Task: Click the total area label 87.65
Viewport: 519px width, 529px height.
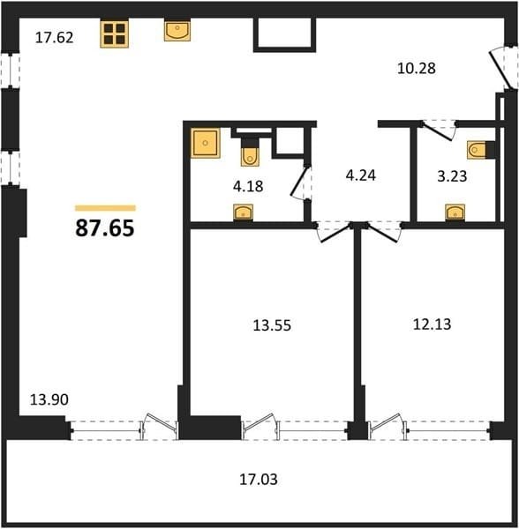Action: (105, 228)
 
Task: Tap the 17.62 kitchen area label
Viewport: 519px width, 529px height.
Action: (54, 37)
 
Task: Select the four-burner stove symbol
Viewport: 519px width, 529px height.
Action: (115, 34)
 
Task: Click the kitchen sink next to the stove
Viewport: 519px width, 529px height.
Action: (177, 31)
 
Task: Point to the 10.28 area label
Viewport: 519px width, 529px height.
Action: (417, 69)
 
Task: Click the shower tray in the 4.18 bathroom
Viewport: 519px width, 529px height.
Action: (206, 143)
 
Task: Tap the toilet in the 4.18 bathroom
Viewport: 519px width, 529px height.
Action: (250, 153)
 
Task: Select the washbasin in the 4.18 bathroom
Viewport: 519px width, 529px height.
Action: (243, 212)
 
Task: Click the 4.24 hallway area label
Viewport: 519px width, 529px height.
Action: (361, 175)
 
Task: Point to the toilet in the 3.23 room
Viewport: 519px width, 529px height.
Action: (481, 150)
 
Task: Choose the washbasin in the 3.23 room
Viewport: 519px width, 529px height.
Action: (455, 212)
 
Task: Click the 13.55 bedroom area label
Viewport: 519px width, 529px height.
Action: (272, 325)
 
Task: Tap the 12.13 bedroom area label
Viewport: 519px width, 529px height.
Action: (432, 324)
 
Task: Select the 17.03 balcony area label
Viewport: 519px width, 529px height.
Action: (259, 480)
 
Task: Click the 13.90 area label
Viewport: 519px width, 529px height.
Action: (49, 399)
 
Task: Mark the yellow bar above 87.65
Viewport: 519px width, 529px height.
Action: (105, 208)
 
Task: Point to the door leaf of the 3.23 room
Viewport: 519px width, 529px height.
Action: (438, 132)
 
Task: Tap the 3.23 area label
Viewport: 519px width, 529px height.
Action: (452, 176)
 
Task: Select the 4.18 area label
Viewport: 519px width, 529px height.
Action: (248, 186)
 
